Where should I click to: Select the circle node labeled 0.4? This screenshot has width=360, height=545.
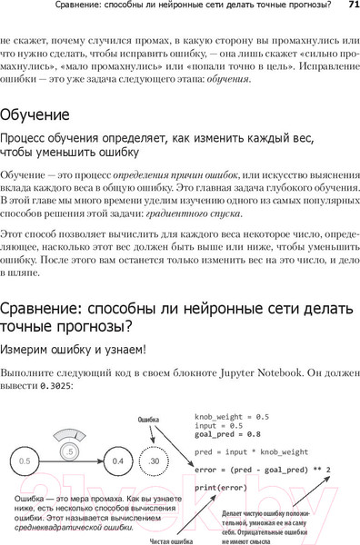(x=117, y=461)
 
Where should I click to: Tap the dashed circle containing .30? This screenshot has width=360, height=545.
(x=155, y=461)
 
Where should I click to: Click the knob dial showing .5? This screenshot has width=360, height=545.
(x=66, y=451)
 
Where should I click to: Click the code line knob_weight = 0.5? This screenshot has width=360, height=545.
(x=232, y=416)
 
